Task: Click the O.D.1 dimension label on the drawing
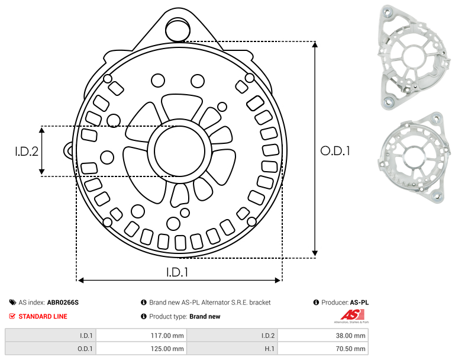pyautogui.click(x=335, y=151)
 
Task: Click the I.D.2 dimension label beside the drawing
pyautogui.click(x=27, y=152)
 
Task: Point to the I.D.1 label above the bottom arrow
pyautogui.click(x=178, y=272)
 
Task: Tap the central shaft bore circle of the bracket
pyautogui.click(x=180, y=151)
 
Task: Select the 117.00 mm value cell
pyautogui.click(x=141, y=336)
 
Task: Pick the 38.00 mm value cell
pyautogui.click(x=323, y=336)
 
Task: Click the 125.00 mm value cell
pyautogui.click(x=141, y=348)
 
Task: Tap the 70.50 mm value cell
pyautogui.click(x=323, y=348)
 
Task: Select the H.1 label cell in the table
pyautogui.click(x=232, y=348)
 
